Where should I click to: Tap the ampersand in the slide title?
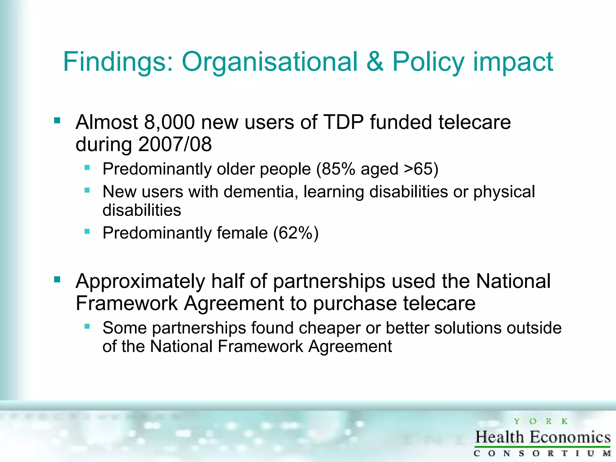(375, 62)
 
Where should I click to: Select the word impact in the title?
(513, 62)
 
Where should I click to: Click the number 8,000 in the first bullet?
(169, 122)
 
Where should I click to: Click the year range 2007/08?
(175, 144)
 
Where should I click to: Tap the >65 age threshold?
(418, 169)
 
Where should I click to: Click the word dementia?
(261, 192)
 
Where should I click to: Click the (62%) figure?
(296, 233)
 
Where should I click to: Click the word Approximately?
(140, 282)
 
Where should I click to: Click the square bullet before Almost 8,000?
(57, 121)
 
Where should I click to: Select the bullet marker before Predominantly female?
(87, 231)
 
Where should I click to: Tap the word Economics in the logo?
(570, 437)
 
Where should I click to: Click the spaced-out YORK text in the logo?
(541, 421)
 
